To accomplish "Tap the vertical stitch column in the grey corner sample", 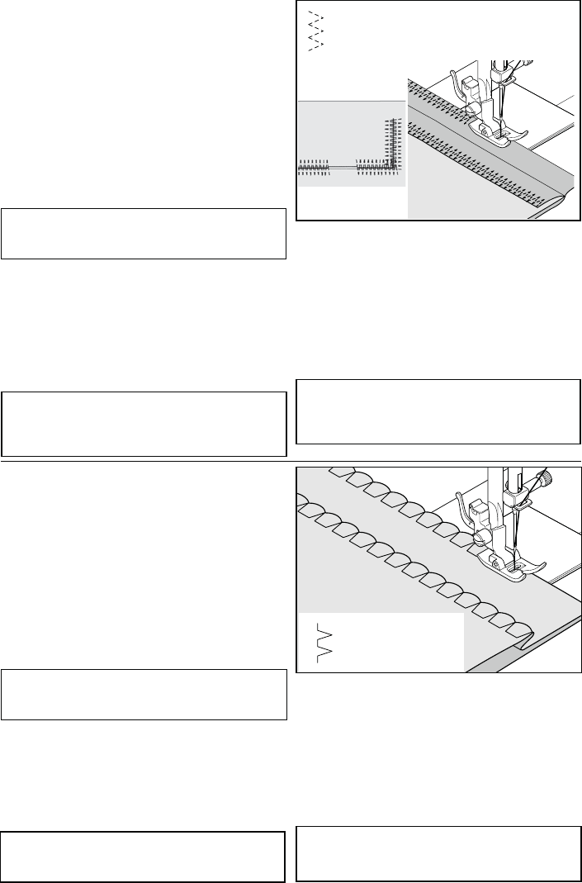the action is tap(392, 145).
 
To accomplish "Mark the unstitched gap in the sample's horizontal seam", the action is tap(346, 167).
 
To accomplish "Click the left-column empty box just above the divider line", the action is tap(144, 424).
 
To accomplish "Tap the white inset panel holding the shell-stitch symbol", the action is tap(380, 643).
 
